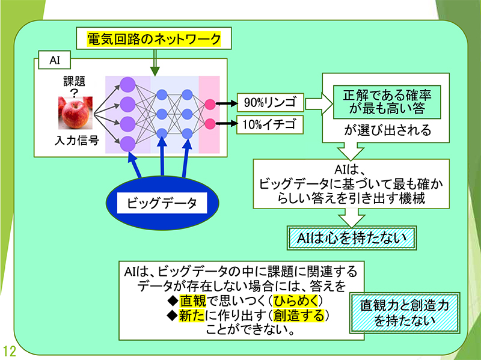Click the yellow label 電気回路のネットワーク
pyautogui.click(x=154, y=40)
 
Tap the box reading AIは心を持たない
pyautogui.click(x=351, y=237)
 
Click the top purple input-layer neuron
pyautogui.click(x=127, y=84)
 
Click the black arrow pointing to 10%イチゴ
pyautogui.click(x=226, y=124)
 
